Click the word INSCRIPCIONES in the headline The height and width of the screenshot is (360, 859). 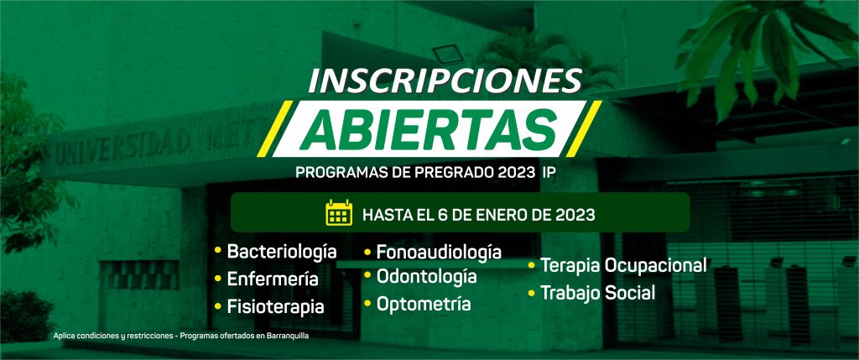(445, 80)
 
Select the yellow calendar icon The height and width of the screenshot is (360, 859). (339, 212)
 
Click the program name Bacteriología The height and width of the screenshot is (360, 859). (282, 252)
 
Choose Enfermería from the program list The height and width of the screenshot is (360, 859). (273, 279)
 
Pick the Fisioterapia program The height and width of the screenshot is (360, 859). (275, 307)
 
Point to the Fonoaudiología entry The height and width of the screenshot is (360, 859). (439, 252)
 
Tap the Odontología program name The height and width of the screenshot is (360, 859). (426, 277)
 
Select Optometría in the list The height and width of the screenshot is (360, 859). (424, 304)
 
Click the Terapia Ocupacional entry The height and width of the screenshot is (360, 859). (623, 265)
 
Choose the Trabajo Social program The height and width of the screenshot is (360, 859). (597, 293)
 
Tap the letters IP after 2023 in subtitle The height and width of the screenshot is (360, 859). (549, 172)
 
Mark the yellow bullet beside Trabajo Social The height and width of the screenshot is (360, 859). (531, 293)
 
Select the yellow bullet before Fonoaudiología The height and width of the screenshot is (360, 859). (368, 253)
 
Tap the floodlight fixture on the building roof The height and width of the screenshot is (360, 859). (448, 54)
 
